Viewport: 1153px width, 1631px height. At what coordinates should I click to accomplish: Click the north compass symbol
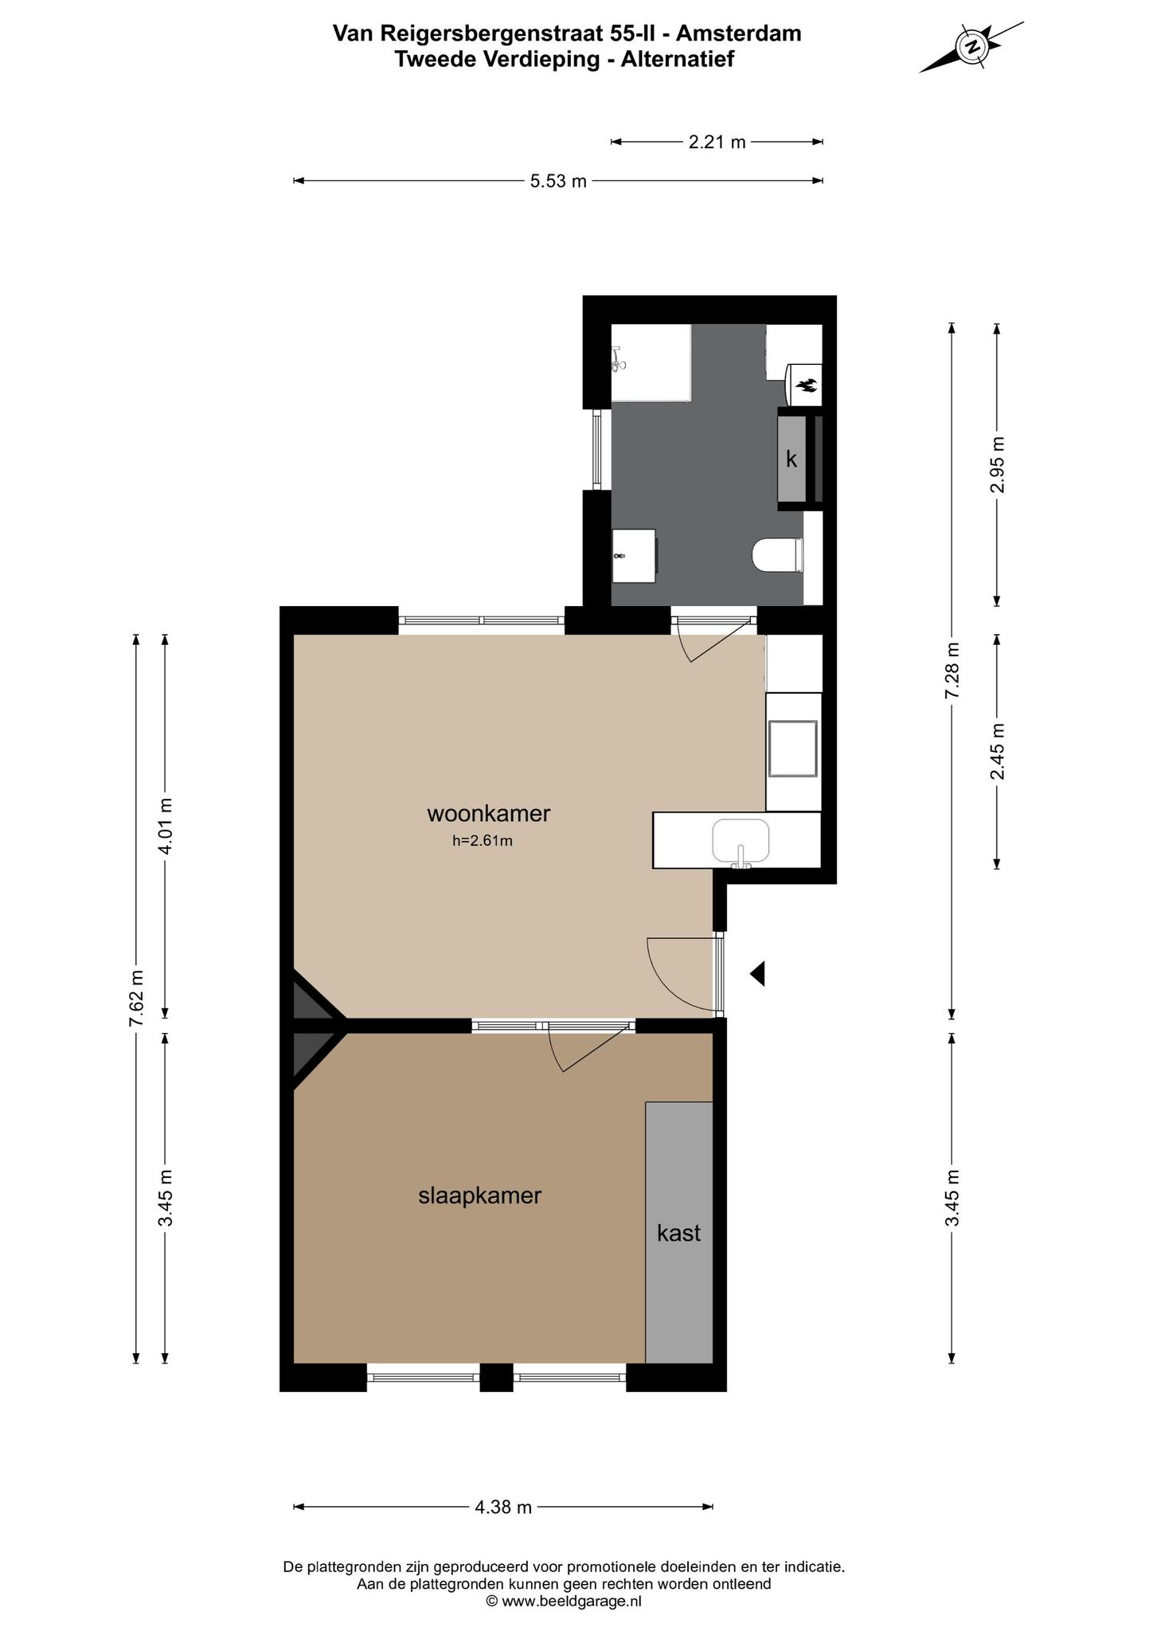click(971, 48)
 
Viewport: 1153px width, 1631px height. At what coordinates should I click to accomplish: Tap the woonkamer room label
click(489, 814)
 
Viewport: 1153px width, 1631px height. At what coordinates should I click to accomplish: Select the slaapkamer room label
click(480, 1195)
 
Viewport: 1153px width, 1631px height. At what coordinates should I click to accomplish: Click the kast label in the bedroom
click(678, 1233)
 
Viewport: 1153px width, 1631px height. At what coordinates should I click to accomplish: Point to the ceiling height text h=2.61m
click(483, 840)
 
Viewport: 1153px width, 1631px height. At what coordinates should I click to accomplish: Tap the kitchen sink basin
click(741, 840)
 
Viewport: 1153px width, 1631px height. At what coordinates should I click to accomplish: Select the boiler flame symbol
click(807, 386)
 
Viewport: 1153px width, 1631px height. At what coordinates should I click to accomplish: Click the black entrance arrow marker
click(757, 973)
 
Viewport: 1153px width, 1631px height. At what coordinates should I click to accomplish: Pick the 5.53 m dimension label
click(558, 181)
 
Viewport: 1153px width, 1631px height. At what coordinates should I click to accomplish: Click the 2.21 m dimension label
click(717, 142)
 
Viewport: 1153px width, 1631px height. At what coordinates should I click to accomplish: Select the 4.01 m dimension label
click(166, 826)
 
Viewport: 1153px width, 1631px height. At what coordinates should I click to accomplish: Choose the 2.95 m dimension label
click(997, 465)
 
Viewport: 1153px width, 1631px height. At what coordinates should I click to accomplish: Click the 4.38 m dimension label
click(503, 1507)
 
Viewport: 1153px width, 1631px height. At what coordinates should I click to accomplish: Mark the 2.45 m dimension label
click(997, 751)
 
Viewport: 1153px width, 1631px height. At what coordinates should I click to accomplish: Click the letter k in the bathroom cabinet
click(791, 459)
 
